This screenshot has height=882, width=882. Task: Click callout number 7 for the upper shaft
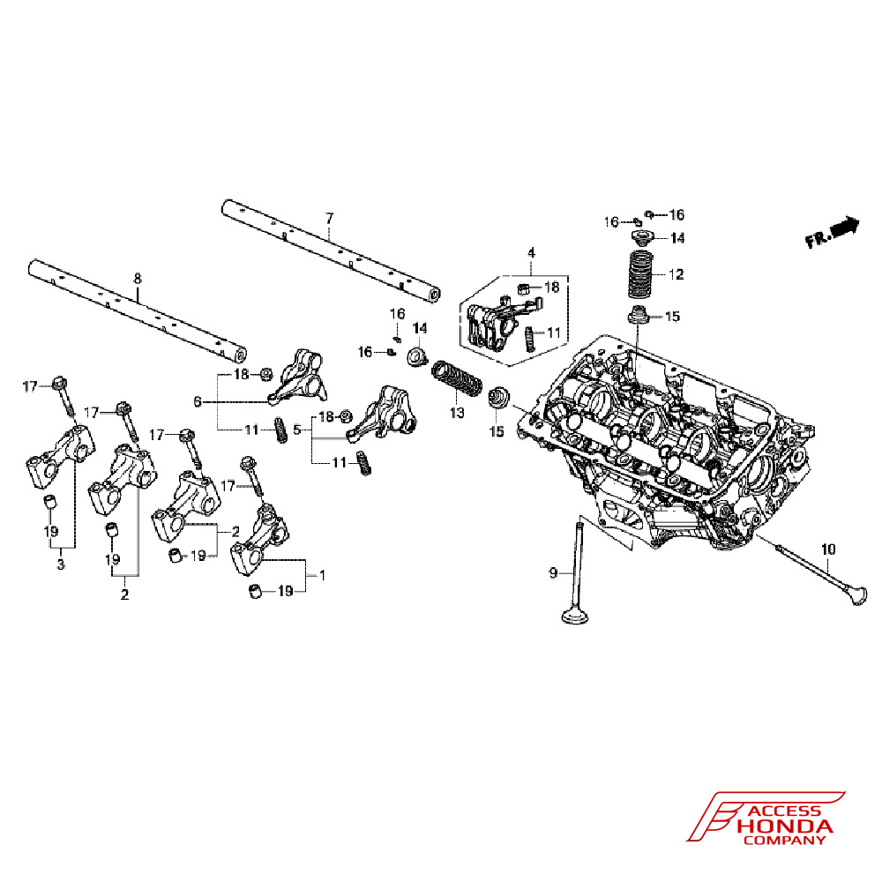[x=329, y=217]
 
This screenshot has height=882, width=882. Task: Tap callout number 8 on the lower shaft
[x=137, y=279]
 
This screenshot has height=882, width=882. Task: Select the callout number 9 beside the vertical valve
[x=554, y=573]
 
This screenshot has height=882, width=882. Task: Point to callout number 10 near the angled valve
[x=827, y=549]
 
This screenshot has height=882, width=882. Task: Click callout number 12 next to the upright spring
[x=676, y=274]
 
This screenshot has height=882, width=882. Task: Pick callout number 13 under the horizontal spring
[x=456, y=412]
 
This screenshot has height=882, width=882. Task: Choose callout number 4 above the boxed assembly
[x=531, y=253]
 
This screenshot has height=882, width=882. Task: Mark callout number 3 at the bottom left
[x=61, y=564]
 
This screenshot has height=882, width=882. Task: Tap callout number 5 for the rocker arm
[x=297, y=430]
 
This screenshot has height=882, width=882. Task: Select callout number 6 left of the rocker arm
[x=198, y=401]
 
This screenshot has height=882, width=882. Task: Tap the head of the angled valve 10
[x=853, y=594]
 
